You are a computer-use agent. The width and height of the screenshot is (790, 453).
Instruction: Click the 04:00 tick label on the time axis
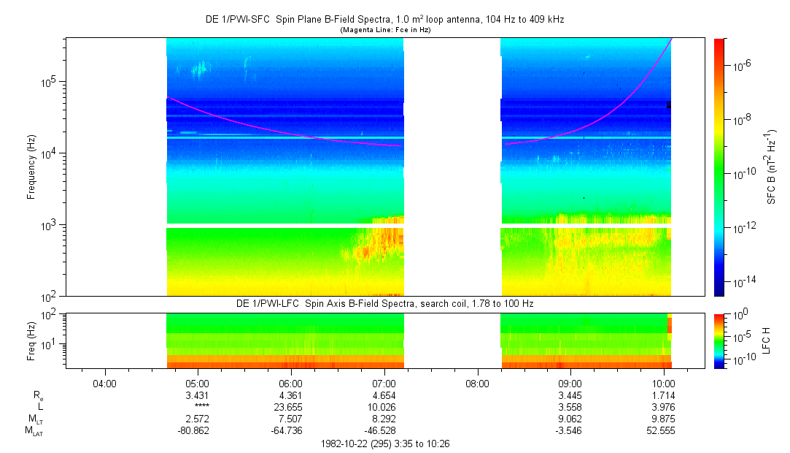(105, 383)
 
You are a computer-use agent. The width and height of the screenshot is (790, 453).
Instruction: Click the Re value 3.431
(198, 395)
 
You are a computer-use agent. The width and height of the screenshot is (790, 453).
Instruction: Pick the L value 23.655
(291, 406)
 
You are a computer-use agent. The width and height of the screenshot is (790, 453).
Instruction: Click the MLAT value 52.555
(661, 430)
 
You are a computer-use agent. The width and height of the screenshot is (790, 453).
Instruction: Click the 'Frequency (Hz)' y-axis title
(31, 167)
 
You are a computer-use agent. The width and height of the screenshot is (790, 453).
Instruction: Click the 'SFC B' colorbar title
(771, 167)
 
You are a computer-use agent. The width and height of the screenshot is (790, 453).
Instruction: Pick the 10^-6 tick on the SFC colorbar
(740, 66)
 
